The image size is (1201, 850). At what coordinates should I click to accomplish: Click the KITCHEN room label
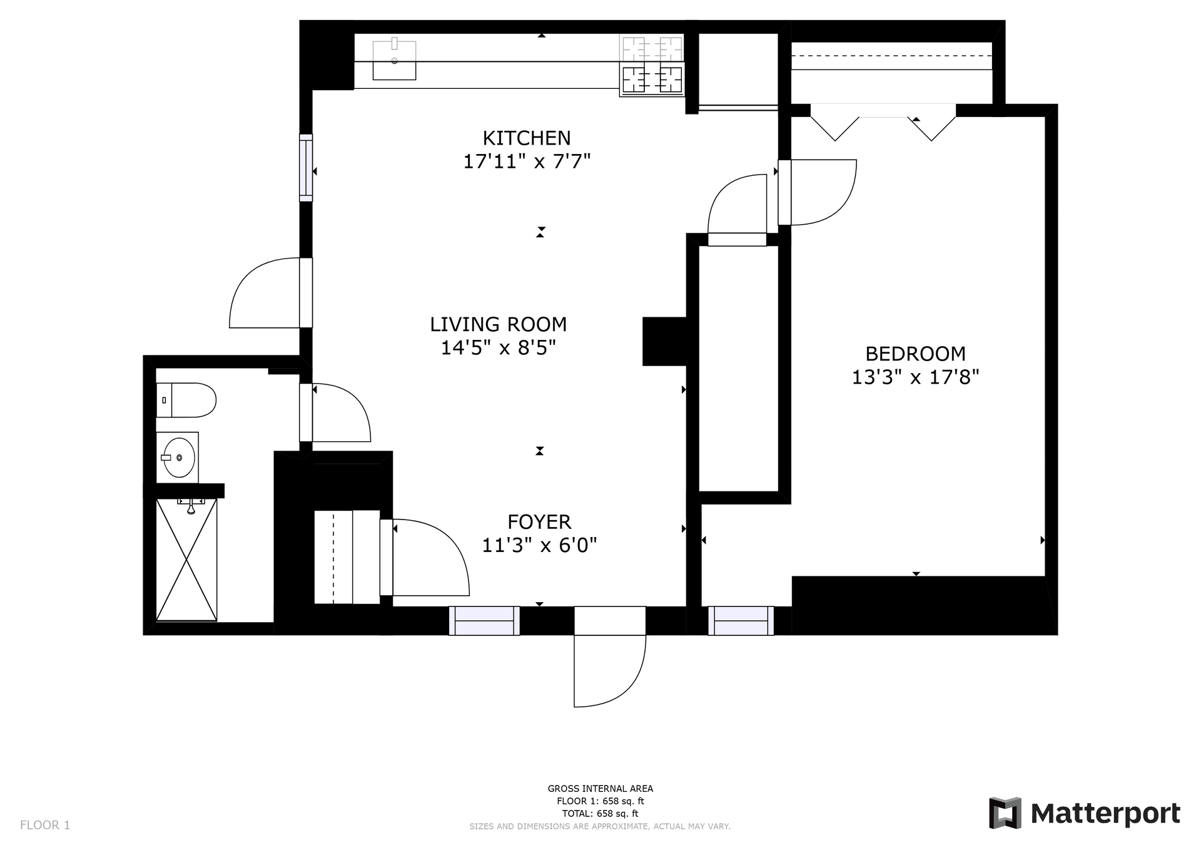(x=527, y=138)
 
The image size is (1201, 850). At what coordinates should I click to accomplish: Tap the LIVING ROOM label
(x=499, y=324)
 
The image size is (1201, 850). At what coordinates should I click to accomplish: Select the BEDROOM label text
(x=915, y=354)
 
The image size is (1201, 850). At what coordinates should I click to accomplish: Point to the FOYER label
(x=539, y=522)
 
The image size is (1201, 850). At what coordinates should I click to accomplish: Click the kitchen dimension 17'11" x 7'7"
(x=527, y=161)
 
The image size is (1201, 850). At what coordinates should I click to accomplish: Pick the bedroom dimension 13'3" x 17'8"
(x=915, y=377)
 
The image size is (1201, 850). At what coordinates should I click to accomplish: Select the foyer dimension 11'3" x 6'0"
(x=539, y=546)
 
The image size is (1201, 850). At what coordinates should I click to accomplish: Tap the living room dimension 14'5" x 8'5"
(x=499, y=347)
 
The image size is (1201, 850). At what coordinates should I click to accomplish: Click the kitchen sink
(x=395, y=59)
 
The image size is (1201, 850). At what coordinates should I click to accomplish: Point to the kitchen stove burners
(x=652, y=65)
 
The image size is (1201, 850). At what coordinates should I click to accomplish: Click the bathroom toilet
(x=186, y=400)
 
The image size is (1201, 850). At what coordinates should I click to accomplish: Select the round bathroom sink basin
(x=178, y=458)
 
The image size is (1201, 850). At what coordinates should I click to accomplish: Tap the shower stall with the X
(x=186, y=560)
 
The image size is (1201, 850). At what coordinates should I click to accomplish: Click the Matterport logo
(x=1085, y=813)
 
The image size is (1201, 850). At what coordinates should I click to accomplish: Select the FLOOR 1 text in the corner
(x=45, y=825)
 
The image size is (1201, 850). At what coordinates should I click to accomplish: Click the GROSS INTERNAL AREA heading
(x=600, y=789)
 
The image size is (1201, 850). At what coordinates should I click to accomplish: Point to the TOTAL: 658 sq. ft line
(x=600, y=814)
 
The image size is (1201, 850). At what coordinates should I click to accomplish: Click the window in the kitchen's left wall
(x=306, y=168)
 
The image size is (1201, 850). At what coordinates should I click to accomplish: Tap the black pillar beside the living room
(x=665, y=341)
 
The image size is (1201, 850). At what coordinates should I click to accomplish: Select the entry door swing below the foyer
(x=609, y=671)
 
